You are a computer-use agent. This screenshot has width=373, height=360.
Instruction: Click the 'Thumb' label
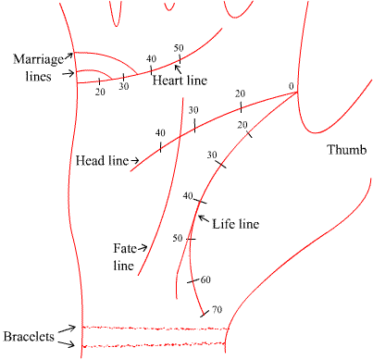click(347, 150)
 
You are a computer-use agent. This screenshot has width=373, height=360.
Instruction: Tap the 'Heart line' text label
click(180, 81)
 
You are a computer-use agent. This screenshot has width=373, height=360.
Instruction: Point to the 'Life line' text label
click(235, 223)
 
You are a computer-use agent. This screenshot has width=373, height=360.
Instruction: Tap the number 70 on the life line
click(218, 309)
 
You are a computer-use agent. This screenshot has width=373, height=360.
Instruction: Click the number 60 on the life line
click(205, 279)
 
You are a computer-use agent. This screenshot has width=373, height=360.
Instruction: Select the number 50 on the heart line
click(179, 47)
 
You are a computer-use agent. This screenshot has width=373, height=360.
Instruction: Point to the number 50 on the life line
click(177, 238)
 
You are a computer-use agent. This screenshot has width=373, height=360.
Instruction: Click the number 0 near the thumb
click(291, 87)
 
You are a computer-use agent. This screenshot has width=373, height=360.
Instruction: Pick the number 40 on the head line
click(160, 132)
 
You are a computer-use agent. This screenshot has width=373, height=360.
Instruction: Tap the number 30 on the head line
click(193, 110)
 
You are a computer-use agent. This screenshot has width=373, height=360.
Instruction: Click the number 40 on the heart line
click(151, 58)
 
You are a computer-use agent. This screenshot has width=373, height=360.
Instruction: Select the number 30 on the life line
click(212, 154)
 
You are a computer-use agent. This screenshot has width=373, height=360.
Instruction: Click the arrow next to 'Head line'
click(135, 161)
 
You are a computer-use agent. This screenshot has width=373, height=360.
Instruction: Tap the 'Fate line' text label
click(124, 256)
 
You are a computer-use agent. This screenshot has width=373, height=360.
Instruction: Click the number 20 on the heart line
click(100, 92)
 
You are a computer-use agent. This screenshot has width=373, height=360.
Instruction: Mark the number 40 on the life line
click(188, 195)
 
